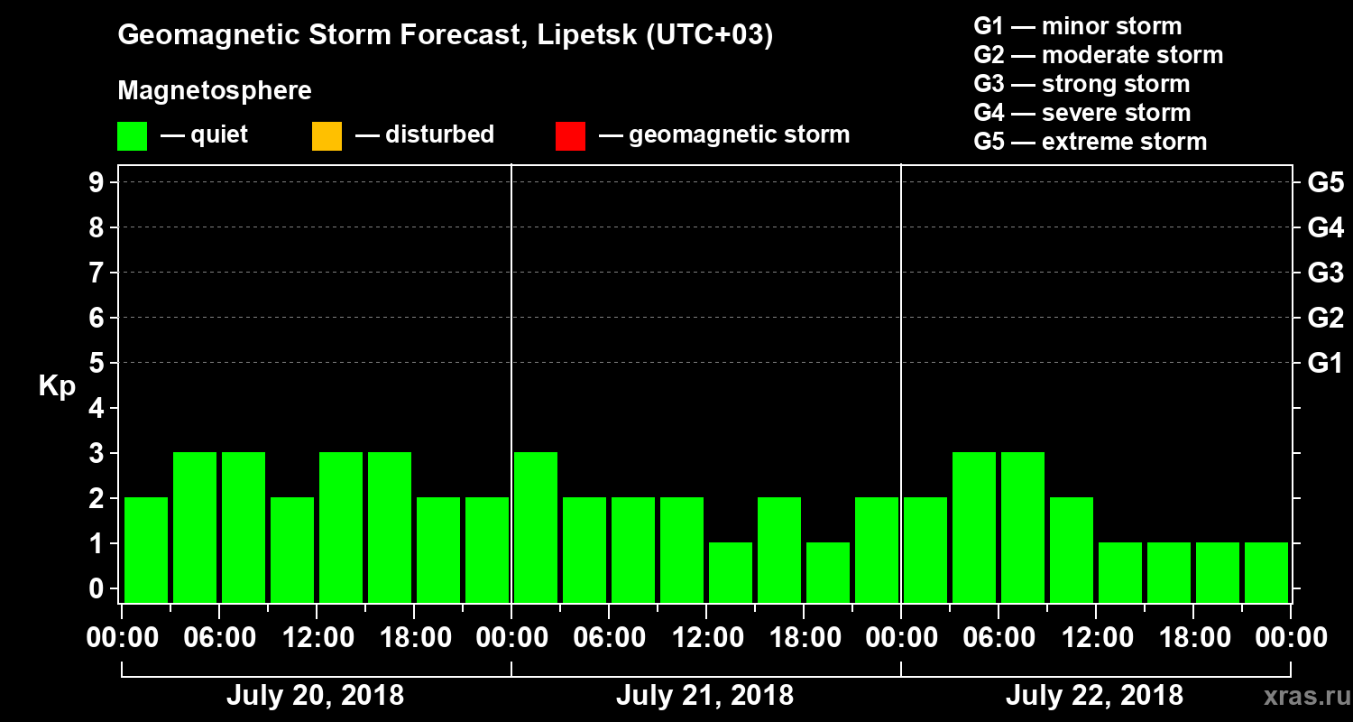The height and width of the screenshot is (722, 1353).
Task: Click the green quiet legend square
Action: pyautogui.click(x=132, y=135)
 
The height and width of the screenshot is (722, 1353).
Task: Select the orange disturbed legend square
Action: pyautogui.click(x=327, y=135)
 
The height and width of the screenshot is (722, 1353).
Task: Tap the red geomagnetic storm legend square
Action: pyautogui.click(x=570, y=135)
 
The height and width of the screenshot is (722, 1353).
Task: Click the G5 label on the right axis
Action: pyautogui.click(x=1325, y=183)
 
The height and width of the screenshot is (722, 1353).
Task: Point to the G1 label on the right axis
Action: pyautogui.click(x=1325, y=364)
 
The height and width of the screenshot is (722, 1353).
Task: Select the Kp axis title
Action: pyautogui.click(x=57, y=386)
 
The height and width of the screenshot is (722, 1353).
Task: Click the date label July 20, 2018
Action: pyautogui.click(x=315, y=696)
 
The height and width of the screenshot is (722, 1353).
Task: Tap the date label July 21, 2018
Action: pyautogui.click(x=704, y=696)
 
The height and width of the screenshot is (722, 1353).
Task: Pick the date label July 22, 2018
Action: pyautogui.click(x=1094, y=696)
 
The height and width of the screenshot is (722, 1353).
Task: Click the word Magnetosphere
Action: pyautogui.click(x=215, y=91)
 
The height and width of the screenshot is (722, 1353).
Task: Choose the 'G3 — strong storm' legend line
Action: pyautogui.click(x=1081, y=84)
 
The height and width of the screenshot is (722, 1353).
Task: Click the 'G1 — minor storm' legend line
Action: pyautogui.click(x=1077, y=26)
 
